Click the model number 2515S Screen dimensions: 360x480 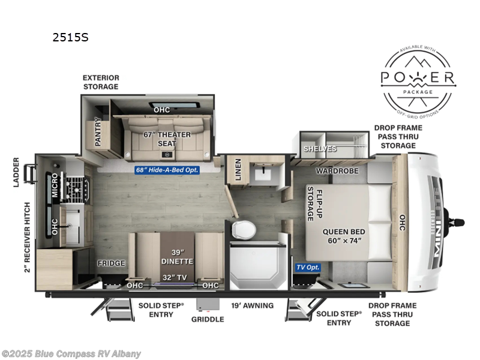click(71, 37)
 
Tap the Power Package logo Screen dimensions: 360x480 click(419, 79)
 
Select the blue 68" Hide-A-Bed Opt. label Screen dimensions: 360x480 click(166, 170)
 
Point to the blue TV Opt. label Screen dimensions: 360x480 click(308, 267)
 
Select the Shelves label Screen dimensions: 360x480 click(320, 148)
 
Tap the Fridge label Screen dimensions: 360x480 click(112, 263)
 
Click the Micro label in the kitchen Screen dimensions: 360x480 click(55, 185)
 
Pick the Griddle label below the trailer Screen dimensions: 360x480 click(208, 319)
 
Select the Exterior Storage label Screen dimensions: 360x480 click(101, 82)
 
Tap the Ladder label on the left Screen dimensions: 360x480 click(16, 172)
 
